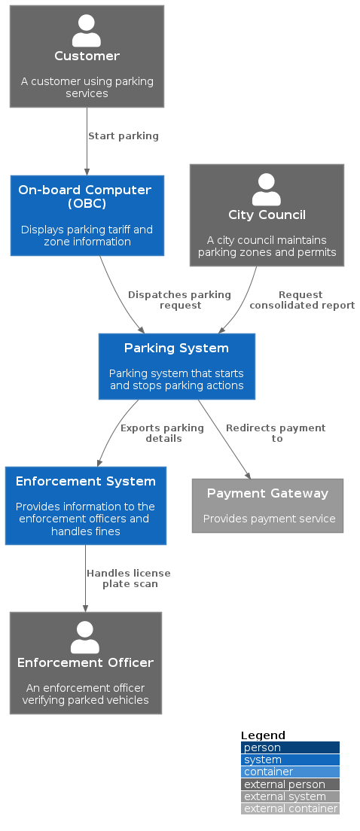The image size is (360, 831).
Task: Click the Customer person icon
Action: tap(87, 31)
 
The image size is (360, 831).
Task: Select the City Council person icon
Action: tap(266, 190)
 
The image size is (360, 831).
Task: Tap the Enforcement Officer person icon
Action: tap(85, 638)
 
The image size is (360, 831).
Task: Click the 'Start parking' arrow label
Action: tap(123, 136)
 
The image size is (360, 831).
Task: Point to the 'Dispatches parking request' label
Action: tap(179, 300)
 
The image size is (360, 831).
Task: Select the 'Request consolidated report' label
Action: tap(301, 300)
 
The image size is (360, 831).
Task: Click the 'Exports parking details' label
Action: tap(162, 433)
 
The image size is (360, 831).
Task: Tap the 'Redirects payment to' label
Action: tap(276, 433)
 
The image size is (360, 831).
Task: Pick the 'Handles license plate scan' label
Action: tap(129, 578)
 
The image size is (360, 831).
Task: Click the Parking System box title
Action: tap(176, 348)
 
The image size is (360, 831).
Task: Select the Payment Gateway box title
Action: tap(267, 493)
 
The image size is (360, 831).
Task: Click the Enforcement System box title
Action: tap(85, 481)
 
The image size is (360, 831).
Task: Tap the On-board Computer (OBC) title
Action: tap(85, 196)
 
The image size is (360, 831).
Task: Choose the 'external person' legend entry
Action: tap(290, 784)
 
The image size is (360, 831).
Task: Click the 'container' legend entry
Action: tap(290, 772)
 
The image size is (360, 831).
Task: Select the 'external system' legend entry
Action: tap(290, 796)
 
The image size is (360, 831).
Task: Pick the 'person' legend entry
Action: tap(290, 747)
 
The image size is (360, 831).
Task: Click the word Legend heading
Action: tap(263, 735)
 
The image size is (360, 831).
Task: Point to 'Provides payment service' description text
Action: tap(269, 519)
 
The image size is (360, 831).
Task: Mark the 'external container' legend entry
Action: tap(290, 808)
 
